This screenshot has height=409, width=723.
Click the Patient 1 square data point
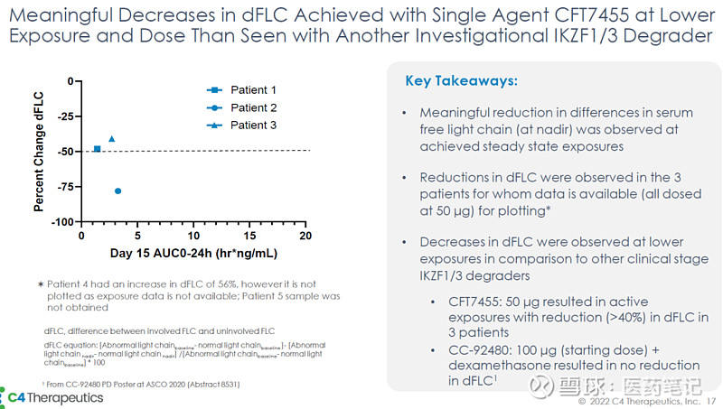97,148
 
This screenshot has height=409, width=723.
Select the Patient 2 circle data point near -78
118,191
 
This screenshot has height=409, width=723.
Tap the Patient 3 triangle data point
112,138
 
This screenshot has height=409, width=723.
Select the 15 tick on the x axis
249,235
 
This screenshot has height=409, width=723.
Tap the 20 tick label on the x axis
305,235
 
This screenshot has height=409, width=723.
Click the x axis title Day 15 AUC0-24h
192,252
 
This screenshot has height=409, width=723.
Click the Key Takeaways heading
461,81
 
